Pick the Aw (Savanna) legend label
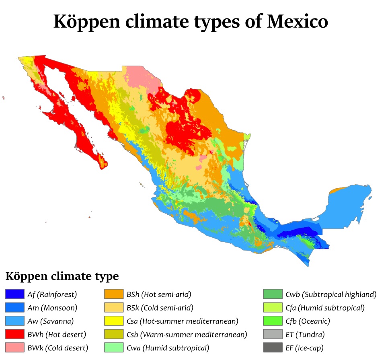point(56,321)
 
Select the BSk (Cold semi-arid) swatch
point(113,308)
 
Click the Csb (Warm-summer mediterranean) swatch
point(113,334)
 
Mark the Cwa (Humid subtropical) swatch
point(113,347)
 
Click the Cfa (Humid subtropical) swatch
point(273,308)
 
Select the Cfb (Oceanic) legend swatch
point(273,321)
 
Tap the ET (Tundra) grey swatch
point(273,334)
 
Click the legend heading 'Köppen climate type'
point(62,276)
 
